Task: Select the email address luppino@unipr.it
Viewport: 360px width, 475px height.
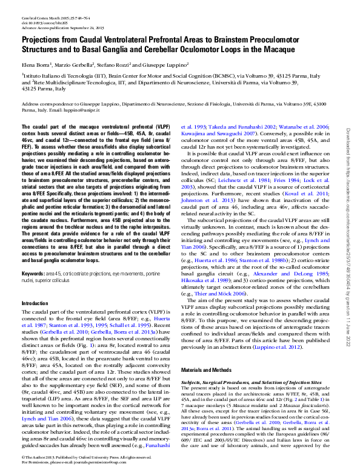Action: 65,111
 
